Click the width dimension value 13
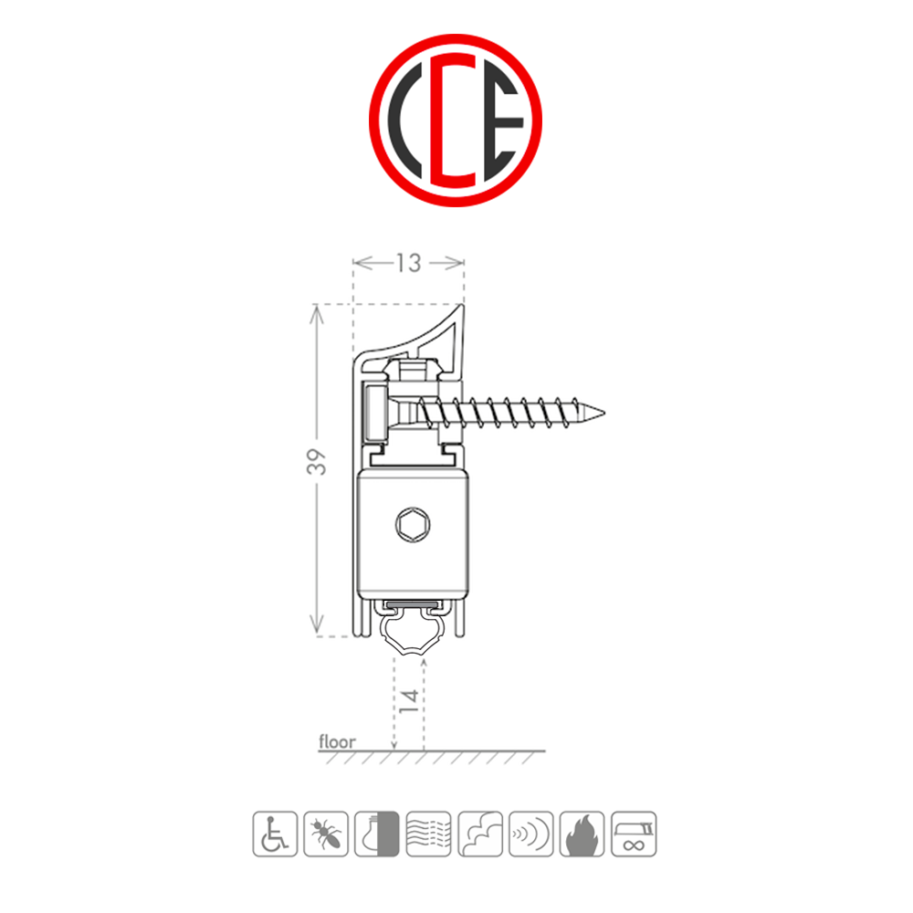408,263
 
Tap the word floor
337,742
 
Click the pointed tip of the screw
603,413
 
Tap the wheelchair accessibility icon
274,833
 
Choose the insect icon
325,833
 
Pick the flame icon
582,834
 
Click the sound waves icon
530,834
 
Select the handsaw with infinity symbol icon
634,834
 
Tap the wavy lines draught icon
428,833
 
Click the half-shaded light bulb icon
376,833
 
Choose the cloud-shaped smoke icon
479,833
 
